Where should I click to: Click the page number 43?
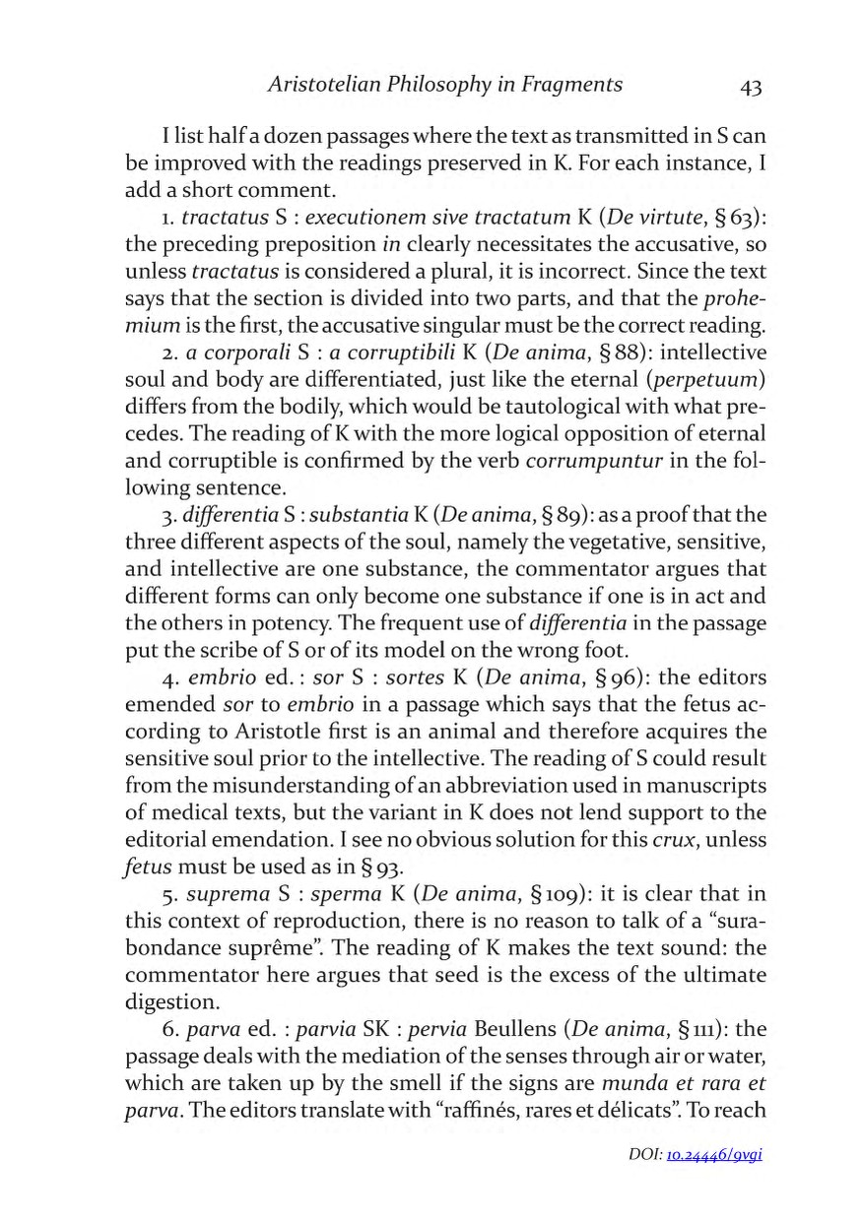pos(750,87)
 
